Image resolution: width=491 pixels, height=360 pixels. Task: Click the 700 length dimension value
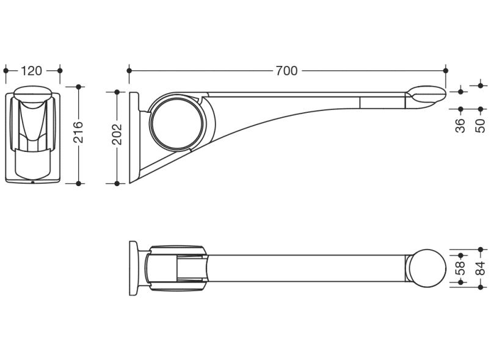(286, 71)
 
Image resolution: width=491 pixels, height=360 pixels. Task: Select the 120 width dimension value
(31, 71)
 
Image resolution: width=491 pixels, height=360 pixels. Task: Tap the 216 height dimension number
(79, 132)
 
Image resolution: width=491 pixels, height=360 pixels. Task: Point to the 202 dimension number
(117, 134)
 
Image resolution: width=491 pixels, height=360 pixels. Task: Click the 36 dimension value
(460, 126)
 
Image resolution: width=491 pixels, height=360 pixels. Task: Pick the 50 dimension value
(481, 126)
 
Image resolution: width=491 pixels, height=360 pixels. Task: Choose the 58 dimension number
(460, 268)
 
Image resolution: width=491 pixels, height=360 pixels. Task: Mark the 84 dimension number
(481, 268)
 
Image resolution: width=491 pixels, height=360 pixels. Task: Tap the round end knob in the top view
(427, 268)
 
